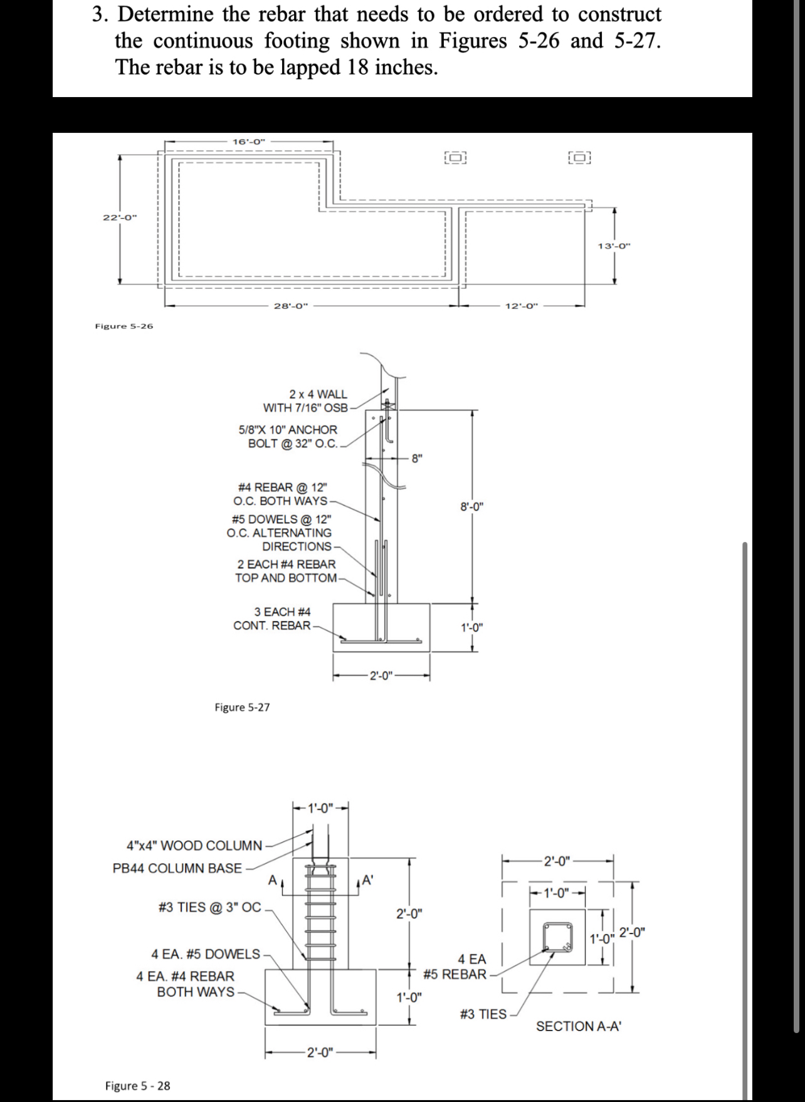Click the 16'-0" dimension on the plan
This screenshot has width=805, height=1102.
pyautogui.click(x=249, y=142)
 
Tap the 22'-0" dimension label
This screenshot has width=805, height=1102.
pyautogui.click(x=119, y=217)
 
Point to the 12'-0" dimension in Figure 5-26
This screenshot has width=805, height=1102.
pyautogui.click(x=522, y=306)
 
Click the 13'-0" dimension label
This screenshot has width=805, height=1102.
pyautogui.click(x=614, y=246)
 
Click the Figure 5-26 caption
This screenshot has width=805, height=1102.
pyautogui.click(x=124, y=326)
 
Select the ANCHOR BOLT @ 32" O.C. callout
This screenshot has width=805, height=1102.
pyautogui.click(x=288, y=437)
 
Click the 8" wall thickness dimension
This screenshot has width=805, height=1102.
pyautogui.click(x=417, y=458)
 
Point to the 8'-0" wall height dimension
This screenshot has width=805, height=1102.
pyautogui.click(x=471, y=507)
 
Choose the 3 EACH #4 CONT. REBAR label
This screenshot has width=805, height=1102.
pyautogui.click(x=273, y=618)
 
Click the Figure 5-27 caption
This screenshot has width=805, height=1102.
pyautogui.click(x=242, y=707)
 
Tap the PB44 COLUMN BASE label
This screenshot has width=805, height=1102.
pyautogui.click(x=177, y=868)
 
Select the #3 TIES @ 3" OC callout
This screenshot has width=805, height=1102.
pyautogui.click(x=210, y=907)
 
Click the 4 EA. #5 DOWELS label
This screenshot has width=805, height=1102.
pyautogui.click(x=206, y=954)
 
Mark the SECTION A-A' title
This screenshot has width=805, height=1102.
pyautogui.click(x=578, y=1026)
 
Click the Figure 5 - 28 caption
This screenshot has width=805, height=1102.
pyautogui.click(x=137, y=1086)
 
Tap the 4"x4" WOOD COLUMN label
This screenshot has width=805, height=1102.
pyautogui.click(x=194, y=846)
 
